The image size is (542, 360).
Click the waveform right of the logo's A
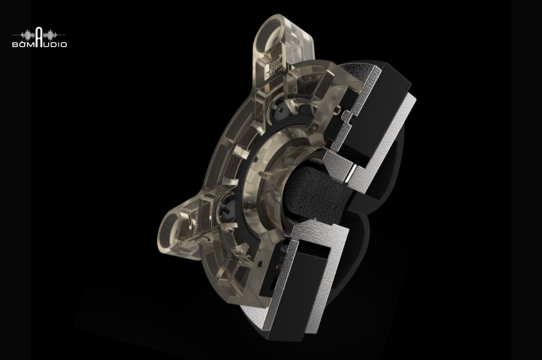(x=50, y=35)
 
